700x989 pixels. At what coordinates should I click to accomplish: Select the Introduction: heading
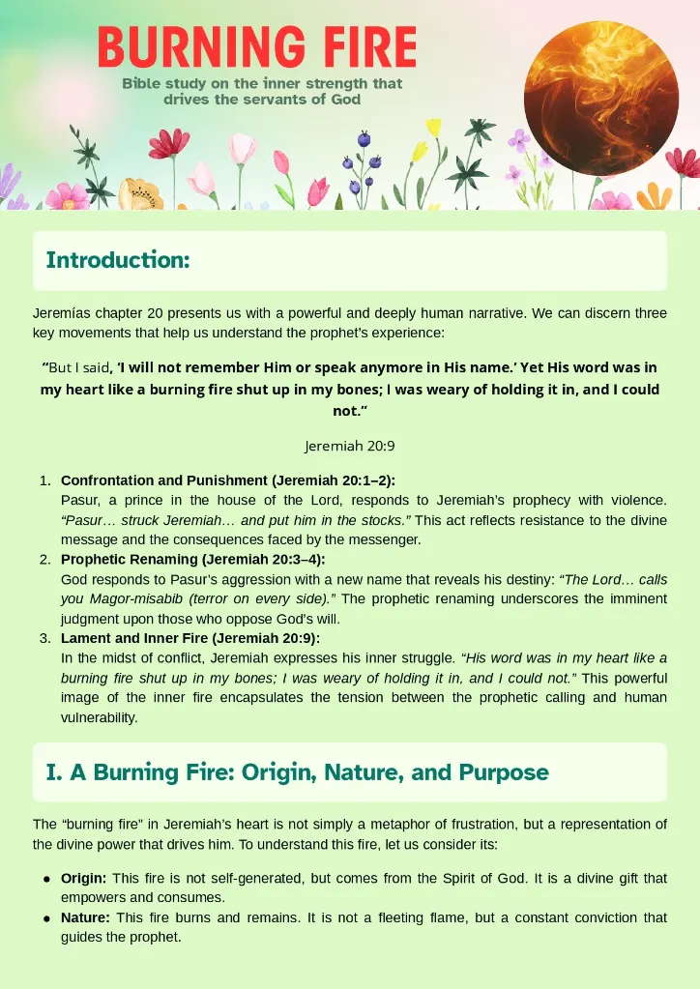(x=117, y=260)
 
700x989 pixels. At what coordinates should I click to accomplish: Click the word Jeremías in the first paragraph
(x=58, y=314)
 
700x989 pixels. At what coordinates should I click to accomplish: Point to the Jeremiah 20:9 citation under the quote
(x=349, y=446)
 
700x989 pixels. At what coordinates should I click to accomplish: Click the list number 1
(x=44, y=480)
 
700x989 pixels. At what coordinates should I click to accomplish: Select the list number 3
(x=44, y=639)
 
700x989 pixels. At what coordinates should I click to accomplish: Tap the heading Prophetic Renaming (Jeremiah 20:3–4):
(x=193, y=560)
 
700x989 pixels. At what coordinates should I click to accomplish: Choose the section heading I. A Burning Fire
(x=297, y=772)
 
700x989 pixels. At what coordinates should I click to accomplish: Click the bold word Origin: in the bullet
(x=84, y=878)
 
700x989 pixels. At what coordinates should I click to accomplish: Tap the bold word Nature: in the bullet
(x=85, y=917)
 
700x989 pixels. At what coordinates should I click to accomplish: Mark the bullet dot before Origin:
(x=45, y=879)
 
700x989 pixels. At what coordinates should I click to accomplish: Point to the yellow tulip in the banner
(x=433, y=128)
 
